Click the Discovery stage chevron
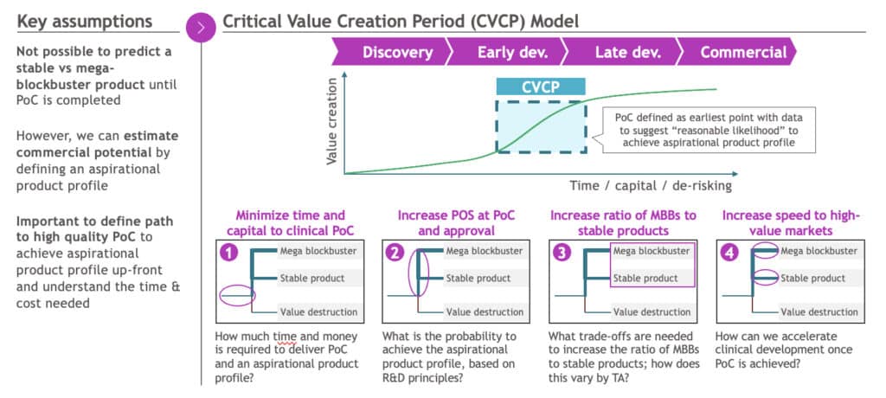[397, 52]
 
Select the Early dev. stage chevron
[512, 52]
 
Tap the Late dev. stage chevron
[627, 52]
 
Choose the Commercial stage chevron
[742, 52]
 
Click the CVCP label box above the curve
[541, 87]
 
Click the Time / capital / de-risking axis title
[651, 185]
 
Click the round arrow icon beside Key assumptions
[201, 27]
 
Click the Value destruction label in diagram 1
[318, 311]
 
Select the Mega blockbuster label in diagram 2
[485, 251]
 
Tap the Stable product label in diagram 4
[812, 278]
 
